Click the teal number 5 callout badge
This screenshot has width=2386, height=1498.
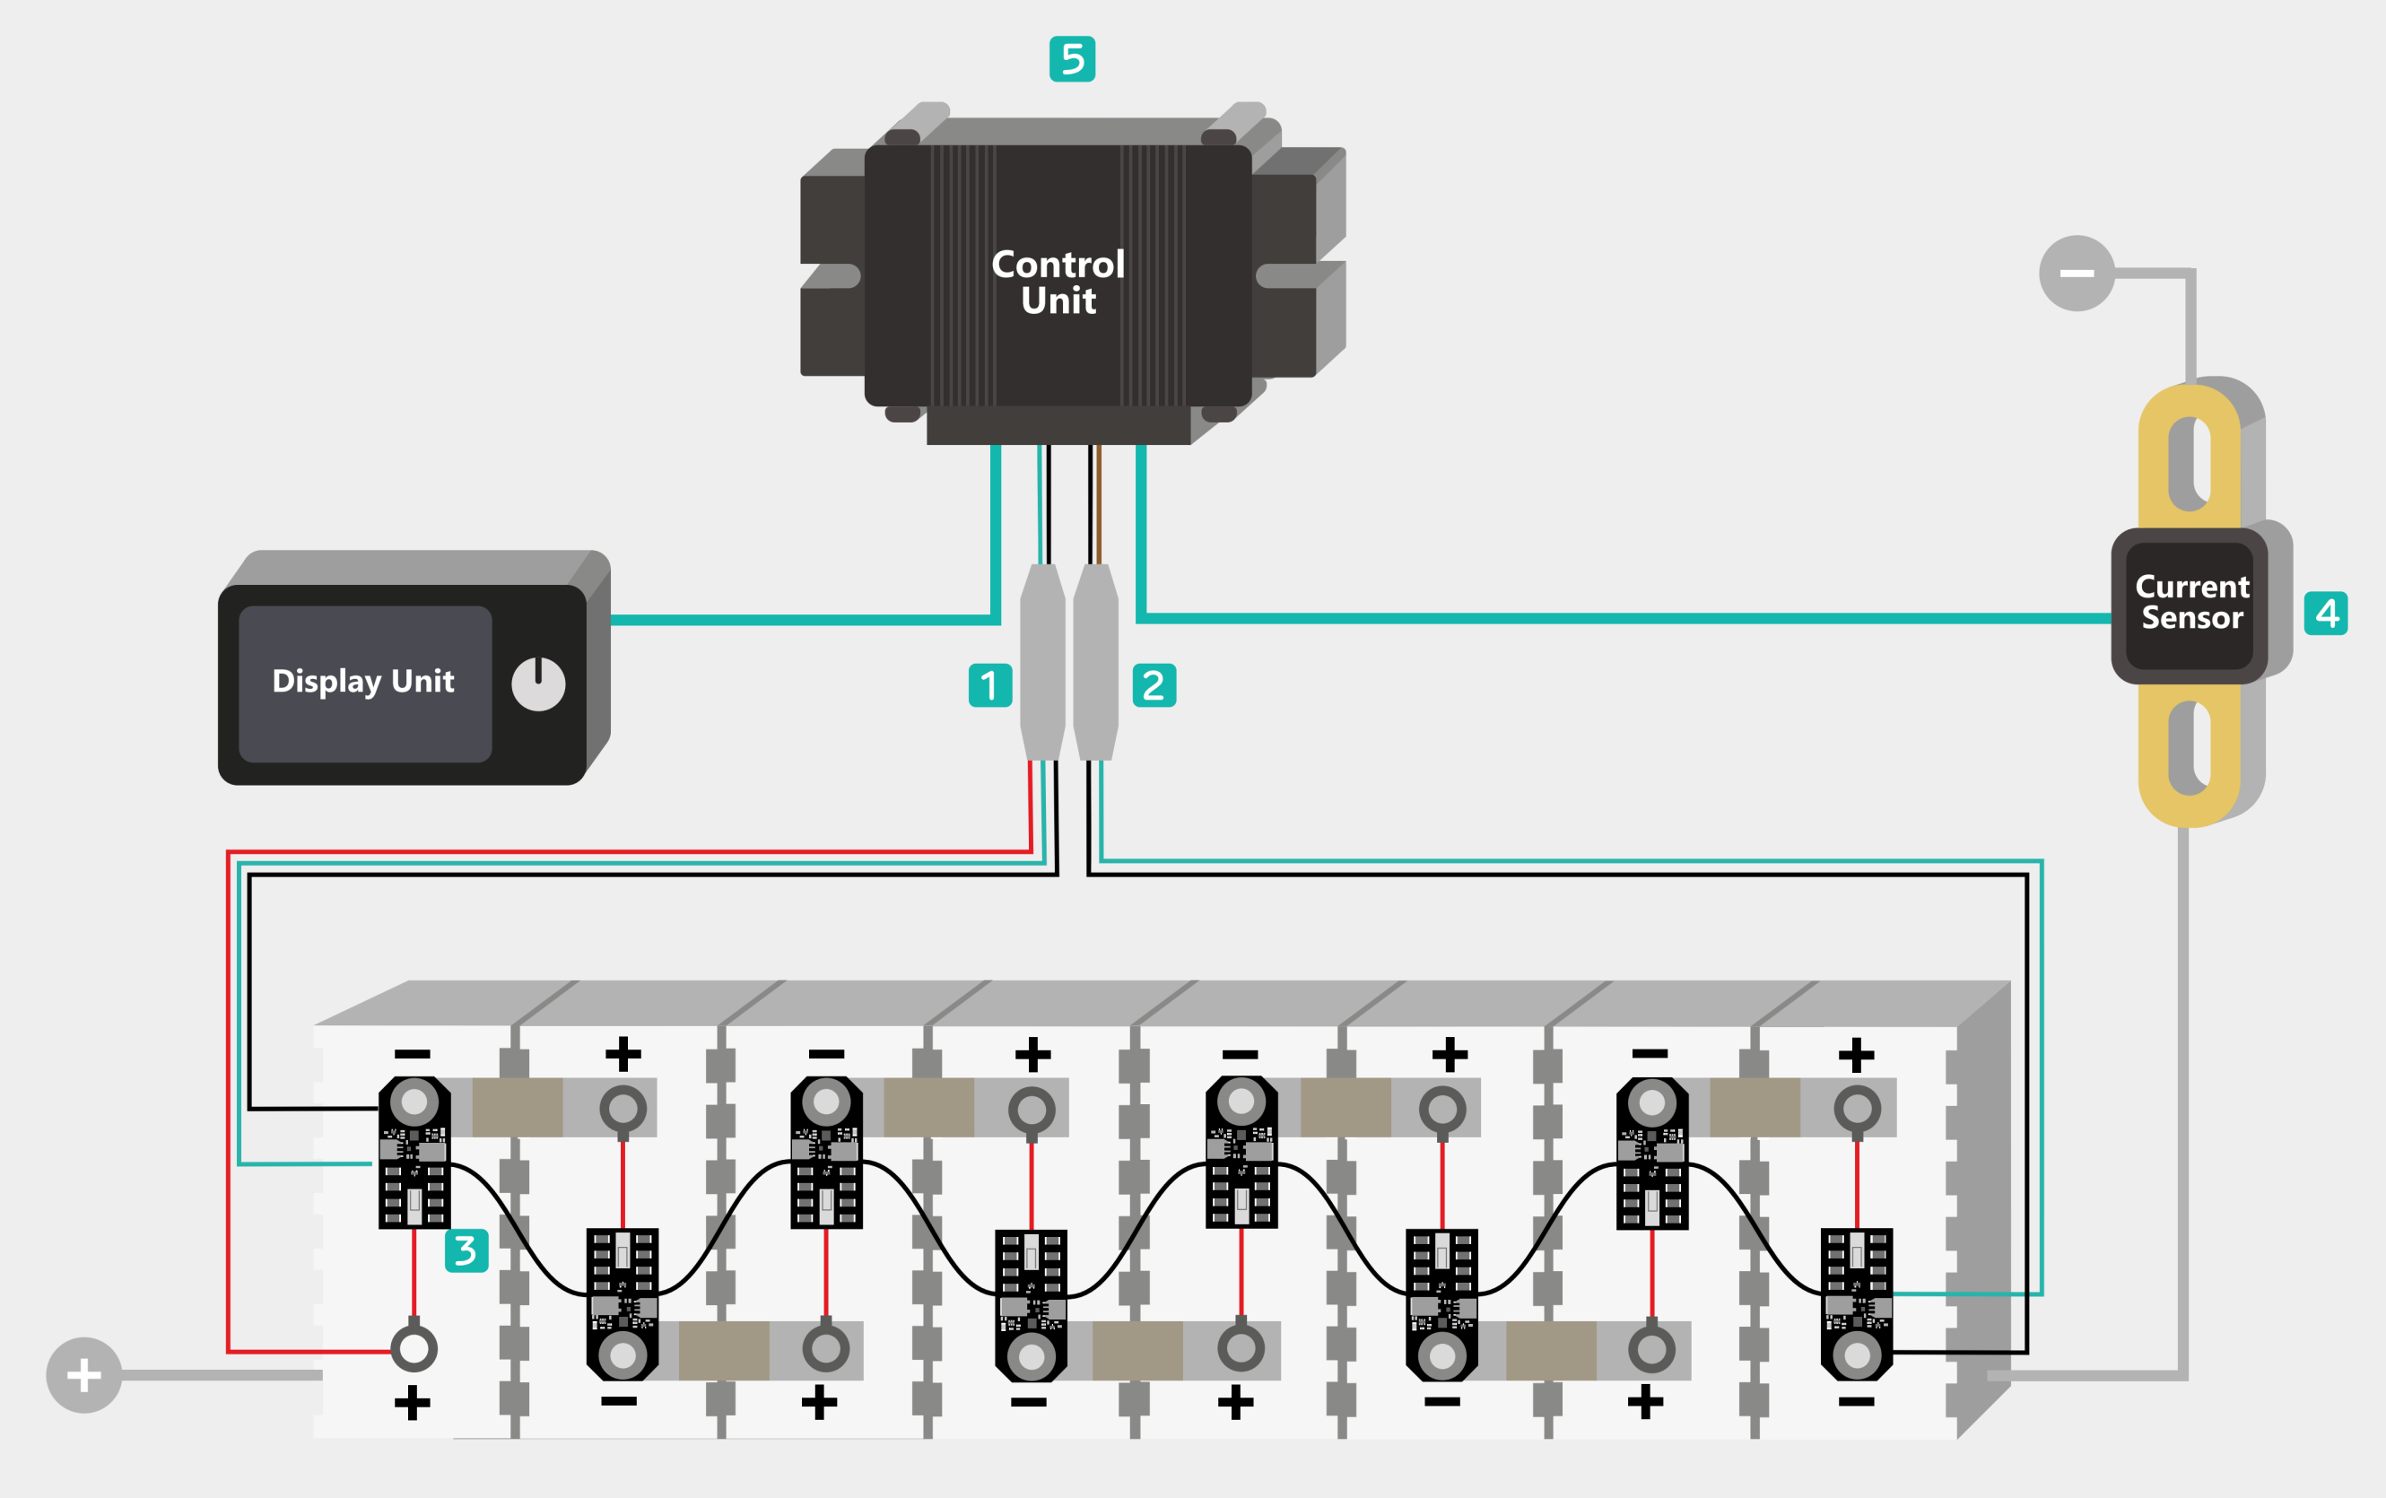pos(1072,59)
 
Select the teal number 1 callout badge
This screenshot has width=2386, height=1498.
pos(989,685)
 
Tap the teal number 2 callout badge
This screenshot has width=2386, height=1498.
pos(1154,685)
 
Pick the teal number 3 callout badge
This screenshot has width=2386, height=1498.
pos(466,1250)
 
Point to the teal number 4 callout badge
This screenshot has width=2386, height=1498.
pos(2326,614)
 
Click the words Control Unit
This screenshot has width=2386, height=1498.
pos(1058,283)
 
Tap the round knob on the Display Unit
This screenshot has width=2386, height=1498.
pos(538,684)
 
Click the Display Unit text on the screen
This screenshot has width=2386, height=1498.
pos(363,682)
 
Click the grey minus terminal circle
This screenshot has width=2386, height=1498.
pos(2076,274)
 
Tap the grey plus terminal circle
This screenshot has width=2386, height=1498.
pos(84,1375)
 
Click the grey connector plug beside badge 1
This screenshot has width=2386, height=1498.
pos(1042,662)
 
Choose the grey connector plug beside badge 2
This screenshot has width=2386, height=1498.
pos(1095,662)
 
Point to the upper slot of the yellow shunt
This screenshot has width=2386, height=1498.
pos(2190,463)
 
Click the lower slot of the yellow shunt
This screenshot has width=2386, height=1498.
pos(2190,748)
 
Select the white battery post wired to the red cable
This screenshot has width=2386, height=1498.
pos(414,1348)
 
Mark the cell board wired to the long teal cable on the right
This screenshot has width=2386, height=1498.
pos(1857,1302)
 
